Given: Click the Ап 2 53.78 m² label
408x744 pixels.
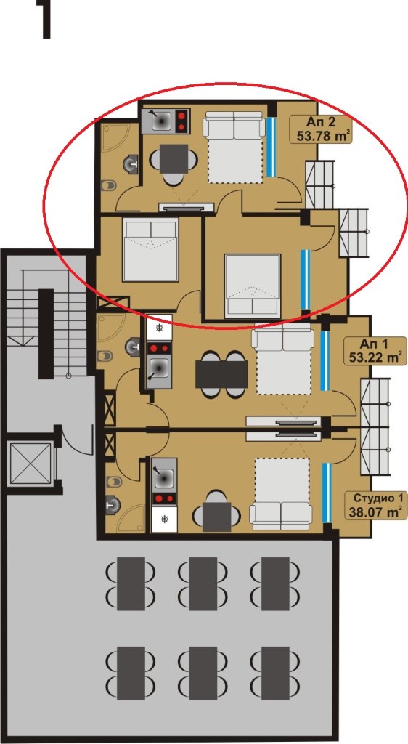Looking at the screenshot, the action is coord(322,129).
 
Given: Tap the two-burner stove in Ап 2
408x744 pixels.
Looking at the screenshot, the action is coord(181,121).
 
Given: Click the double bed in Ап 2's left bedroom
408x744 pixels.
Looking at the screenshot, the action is coord(151,249).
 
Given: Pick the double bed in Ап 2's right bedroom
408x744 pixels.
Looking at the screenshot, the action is coord(253,286).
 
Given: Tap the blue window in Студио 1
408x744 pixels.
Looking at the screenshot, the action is coord(327,493).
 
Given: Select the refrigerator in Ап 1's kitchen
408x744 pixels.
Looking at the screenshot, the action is coord(158,328).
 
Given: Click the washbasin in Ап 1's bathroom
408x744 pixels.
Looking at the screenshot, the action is coord(132,347).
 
